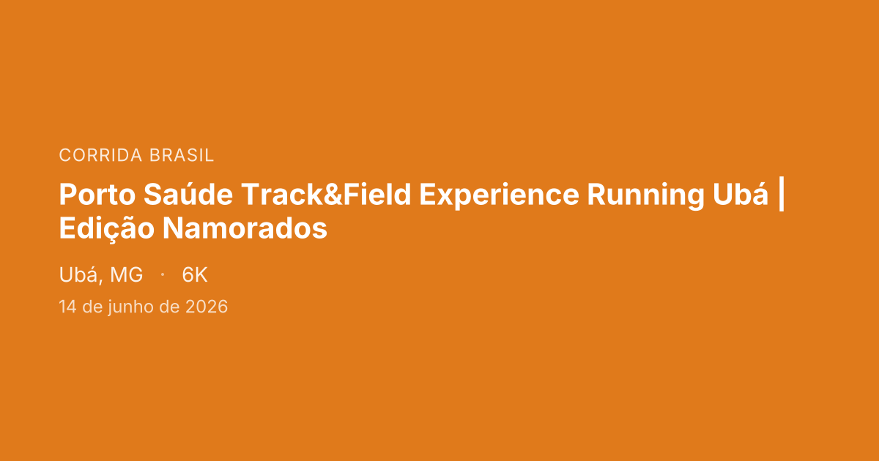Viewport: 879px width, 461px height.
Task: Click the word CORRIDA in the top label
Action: click(100, 155)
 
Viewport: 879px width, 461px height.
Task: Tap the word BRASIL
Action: click(182, 155)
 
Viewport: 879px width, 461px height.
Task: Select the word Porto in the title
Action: click(97, 195)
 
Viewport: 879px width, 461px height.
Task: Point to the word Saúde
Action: click(188, 194)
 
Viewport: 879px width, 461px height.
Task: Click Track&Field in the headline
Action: click(326, 194)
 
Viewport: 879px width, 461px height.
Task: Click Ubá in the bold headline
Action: click(741, 194)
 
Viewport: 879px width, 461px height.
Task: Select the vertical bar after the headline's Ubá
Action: click(781, 195)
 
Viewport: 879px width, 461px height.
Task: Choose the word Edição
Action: click(107, 229)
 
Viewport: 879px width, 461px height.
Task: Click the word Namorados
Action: click(245, 228)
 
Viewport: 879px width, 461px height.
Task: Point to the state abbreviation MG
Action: click(126, 275)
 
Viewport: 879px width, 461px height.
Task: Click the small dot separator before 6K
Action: click(163, 275)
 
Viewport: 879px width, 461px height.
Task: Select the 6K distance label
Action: click(195, 275)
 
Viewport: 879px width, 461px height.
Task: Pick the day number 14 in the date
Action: click(67, 307)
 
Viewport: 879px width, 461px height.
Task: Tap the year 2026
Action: click(207, 307)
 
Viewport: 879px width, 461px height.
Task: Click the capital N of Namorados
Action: click(172, 228)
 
